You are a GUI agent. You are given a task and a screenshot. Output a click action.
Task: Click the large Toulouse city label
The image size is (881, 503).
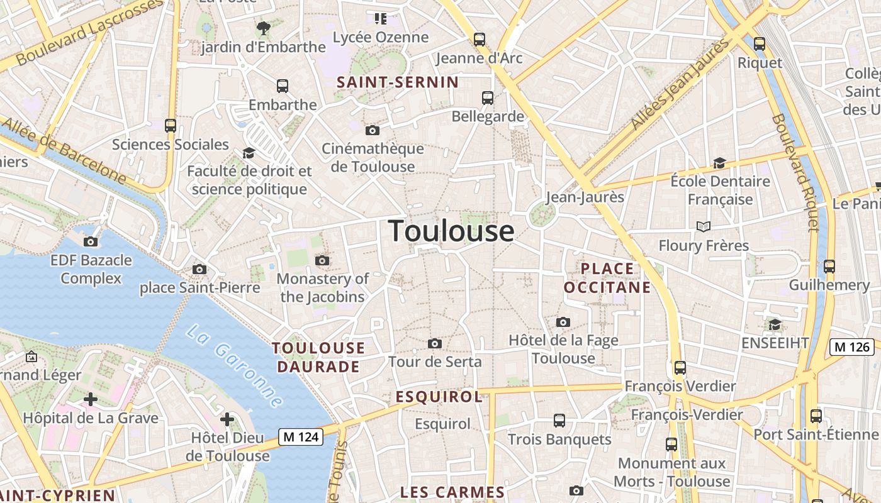451,231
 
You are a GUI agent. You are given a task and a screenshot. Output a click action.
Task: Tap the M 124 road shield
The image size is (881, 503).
301,437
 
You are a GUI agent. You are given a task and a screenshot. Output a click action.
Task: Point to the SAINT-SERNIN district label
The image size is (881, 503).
398,82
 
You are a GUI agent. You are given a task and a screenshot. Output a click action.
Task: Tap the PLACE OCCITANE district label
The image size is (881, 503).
607,278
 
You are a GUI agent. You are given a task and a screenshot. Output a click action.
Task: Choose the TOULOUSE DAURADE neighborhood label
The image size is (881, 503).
318,357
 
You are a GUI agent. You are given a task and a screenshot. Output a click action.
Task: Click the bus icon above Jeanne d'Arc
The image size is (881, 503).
480,40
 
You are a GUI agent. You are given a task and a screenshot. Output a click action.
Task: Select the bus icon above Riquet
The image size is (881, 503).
760,43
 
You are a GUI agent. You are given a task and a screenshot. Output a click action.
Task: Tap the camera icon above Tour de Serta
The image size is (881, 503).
434,343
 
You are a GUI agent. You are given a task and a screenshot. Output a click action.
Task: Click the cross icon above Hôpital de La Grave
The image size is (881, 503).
91,399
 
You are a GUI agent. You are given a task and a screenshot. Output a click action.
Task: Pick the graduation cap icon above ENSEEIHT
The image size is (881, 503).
775,324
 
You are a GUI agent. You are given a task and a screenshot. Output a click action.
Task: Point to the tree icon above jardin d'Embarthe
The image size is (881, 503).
263,28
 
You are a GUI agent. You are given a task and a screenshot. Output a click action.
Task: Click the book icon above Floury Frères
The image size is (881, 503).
704,226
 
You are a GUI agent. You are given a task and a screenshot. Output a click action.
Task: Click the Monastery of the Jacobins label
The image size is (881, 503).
323,287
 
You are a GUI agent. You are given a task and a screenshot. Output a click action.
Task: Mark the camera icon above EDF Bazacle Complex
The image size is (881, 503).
91,241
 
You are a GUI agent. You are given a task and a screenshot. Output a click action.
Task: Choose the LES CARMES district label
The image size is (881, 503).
452,492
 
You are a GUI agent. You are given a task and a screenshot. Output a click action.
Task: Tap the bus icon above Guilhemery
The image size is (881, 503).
829,266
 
